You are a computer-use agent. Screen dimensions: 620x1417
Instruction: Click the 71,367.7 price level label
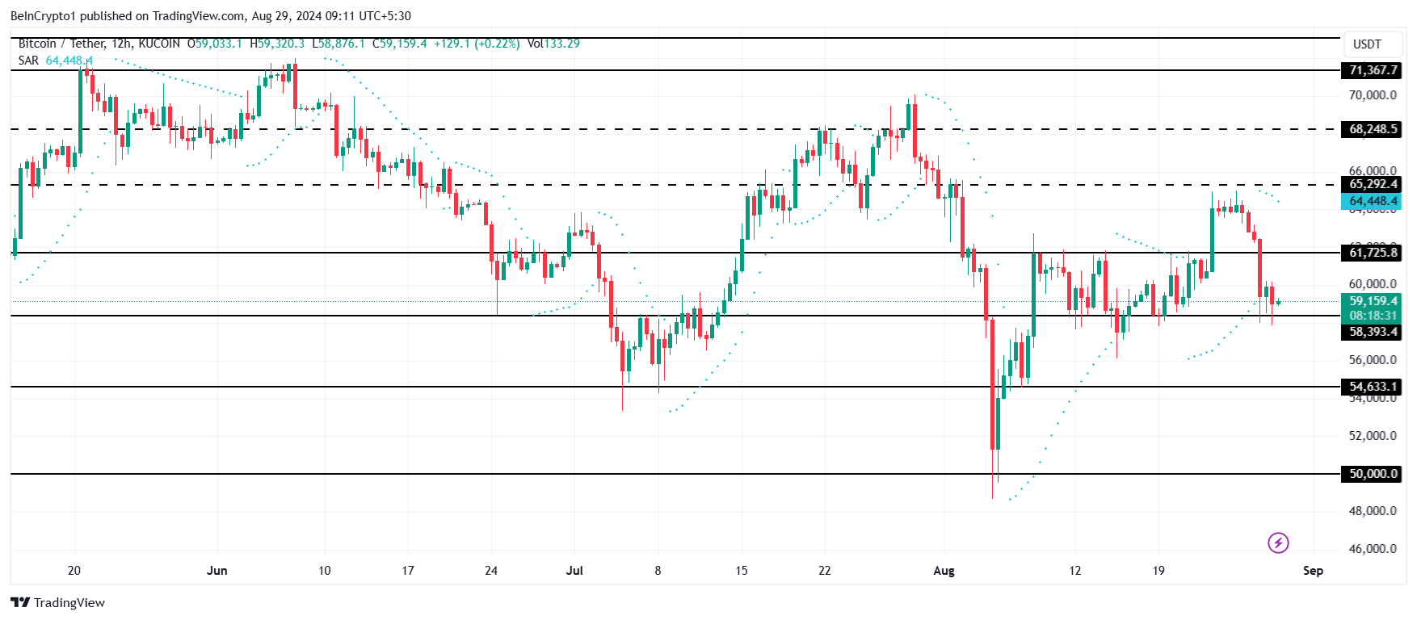(1373, 70)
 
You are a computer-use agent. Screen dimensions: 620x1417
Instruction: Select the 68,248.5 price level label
(1373, 129)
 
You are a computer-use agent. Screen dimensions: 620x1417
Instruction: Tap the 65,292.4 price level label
(1373, 184)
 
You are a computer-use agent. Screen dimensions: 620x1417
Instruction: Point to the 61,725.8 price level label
(1373, 253)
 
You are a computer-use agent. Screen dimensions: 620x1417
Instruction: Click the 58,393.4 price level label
(1373, 332)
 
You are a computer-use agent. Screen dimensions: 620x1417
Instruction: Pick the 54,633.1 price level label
(1373, 387)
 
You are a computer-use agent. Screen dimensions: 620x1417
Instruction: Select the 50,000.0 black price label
(1373, 474)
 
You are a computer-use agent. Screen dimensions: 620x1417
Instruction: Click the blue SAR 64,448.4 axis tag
(1373, 201)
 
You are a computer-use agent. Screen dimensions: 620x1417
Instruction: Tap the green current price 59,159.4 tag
(1373, 301)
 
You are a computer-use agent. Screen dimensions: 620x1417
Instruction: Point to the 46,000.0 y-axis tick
(1373, 549)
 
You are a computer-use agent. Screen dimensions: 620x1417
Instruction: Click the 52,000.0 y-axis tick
(1373, 436)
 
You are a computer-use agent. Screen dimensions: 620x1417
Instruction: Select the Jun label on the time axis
(217, 571)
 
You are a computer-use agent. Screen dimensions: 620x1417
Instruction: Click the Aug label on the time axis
(944, 571)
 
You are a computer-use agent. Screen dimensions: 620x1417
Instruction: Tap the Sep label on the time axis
(1313, 571)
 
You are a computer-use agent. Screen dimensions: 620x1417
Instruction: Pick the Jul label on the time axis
(574, 571)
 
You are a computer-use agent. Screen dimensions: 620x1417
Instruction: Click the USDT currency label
(1367, 44)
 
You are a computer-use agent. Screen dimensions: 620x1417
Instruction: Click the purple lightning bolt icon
(1278, 542)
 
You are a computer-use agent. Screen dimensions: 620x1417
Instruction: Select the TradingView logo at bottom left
(58, 603)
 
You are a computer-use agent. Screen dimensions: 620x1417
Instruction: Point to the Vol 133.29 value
(553, 44)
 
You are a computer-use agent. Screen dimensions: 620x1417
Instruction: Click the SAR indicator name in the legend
(28, 61)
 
